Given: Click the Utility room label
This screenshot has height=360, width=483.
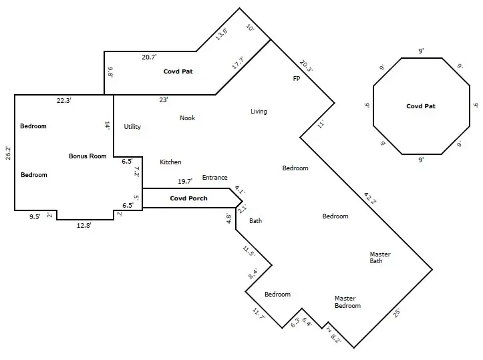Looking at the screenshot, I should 132,127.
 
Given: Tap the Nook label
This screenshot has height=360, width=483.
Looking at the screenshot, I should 187,118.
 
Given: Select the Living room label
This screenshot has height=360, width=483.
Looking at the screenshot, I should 259,112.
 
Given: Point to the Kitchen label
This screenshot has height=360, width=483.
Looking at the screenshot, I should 170,162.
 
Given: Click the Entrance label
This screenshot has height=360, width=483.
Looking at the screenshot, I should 214,178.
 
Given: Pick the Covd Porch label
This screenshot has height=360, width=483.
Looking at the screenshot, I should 188,198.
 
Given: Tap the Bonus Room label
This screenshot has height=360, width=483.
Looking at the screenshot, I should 88,156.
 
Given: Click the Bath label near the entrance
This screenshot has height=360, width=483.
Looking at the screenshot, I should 255,220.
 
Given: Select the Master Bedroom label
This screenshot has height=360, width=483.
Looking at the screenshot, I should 347,302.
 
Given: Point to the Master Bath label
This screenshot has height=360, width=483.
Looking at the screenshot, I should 380,258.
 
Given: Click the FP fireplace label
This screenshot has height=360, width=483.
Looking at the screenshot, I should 297,79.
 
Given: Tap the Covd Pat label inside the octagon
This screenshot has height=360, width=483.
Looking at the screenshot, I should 421,106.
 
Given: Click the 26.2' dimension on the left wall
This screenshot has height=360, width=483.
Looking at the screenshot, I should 8,153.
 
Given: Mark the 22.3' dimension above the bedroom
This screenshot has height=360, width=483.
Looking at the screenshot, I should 64,100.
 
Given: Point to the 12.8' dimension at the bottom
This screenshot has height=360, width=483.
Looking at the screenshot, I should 84,226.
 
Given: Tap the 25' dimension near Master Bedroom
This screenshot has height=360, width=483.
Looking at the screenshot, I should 397,311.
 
